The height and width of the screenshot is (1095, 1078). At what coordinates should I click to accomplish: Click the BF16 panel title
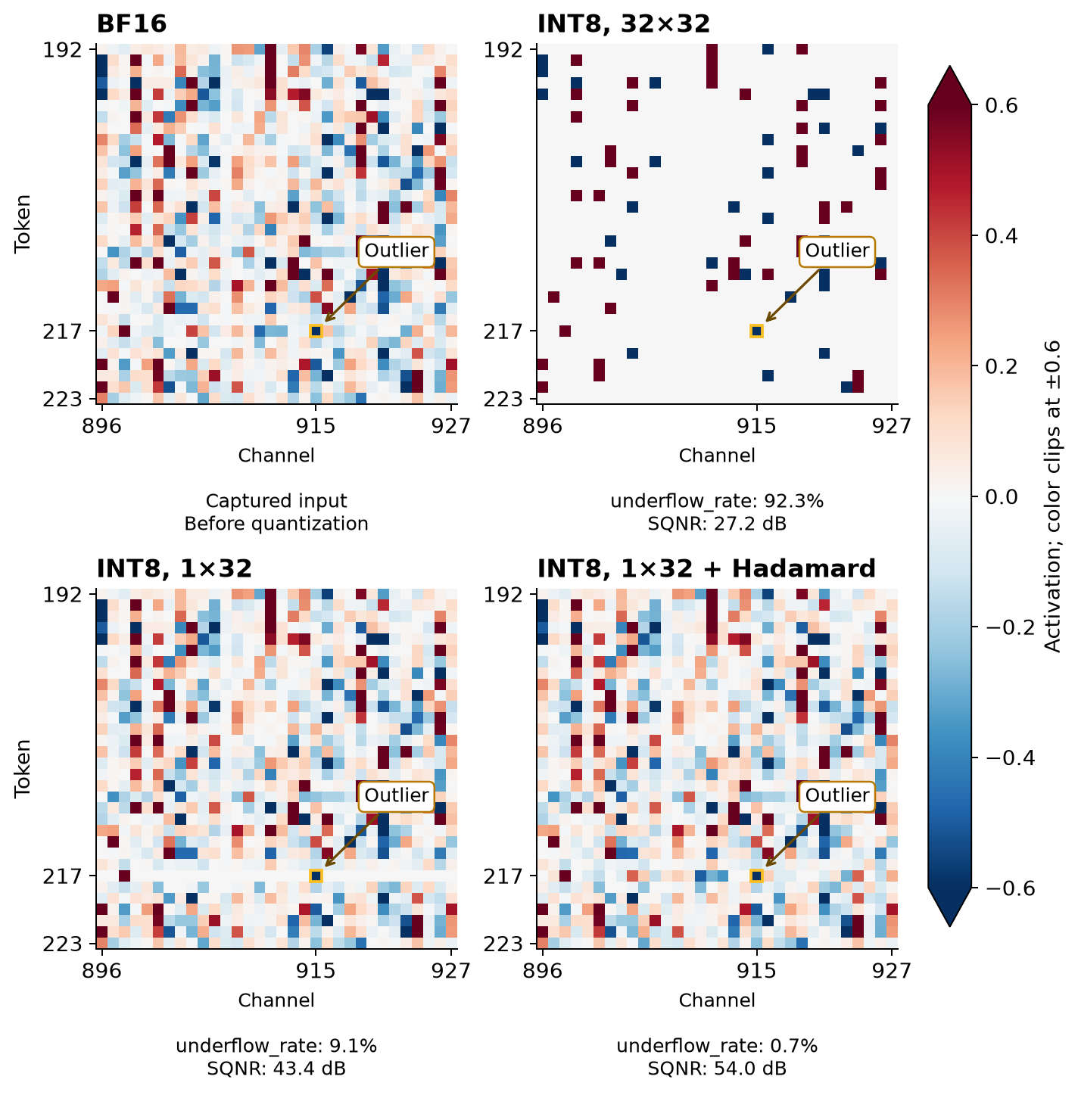coord(131,24)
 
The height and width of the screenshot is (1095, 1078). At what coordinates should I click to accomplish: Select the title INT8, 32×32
coord(624,24)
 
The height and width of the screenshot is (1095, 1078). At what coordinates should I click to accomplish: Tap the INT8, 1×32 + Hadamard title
coord(706,569)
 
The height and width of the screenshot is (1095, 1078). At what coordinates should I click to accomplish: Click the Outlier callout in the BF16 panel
coord(396,251)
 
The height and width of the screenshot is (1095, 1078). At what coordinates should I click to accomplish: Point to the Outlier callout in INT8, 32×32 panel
coord(837,251)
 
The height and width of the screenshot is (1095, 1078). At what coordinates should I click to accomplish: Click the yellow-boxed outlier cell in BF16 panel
coord(316,331)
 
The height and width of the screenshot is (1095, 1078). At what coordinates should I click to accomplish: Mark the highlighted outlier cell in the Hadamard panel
coord(756,876)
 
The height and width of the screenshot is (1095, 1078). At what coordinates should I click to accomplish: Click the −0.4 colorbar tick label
coord(1010,758)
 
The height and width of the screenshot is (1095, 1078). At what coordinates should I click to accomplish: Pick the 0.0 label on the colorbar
coord(1002,497)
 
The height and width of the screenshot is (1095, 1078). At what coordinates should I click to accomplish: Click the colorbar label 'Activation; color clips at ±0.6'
coord(1053,496)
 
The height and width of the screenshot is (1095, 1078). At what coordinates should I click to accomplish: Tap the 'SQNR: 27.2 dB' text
coord(717,524)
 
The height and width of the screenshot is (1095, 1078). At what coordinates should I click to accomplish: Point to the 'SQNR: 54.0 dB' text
coord(717,1069)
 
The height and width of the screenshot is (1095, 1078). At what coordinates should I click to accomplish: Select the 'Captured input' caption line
coord(276,501)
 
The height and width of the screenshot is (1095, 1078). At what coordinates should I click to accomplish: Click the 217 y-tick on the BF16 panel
coord(63,331)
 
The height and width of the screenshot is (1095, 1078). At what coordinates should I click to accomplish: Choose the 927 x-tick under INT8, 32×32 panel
coord(892,425)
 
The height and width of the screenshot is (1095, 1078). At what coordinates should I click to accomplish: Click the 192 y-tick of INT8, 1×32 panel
coord(63,595)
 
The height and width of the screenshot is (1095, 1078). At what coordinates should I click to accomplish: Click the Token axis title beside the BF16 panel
coord(23,224)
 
